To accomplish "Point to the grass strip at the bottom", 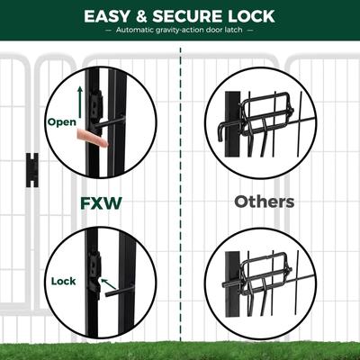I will [x=180, y=346].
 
